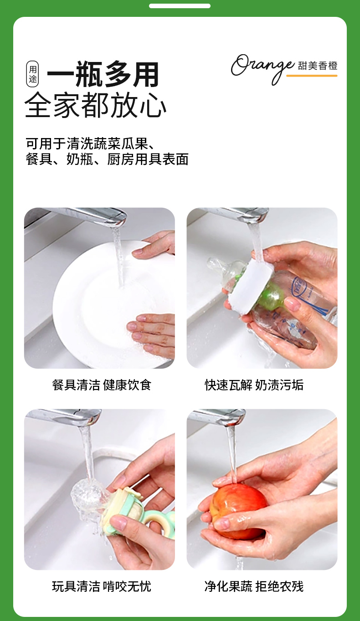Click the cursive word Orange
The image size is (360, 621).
tap(262, 68)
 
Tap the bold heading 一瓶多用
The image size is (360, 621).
tap(103, 74)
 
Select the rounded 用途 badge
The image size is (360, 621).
tap(32, 74)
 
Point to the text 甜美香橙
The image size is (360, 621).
tap(318, 66)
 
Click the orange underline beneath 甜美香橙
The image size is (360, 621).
tap(312, 76)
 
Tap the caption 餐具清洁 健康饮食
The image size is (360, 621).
tap(102, 385)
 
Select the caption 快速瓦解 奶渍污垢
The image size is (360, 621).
tap(254, 385)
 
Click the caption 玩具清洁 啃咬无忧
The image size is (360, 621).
tap(102, 586)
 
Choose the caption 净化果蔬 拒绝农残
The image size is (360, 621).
tap(254, 586)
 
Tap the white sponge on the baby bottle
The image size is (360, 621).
tap(249, 287)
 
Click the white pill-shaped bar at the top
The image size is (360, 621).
tap(180, 6)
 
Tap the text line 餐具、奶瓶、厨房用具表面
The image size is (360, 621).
tap(107, 159)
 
